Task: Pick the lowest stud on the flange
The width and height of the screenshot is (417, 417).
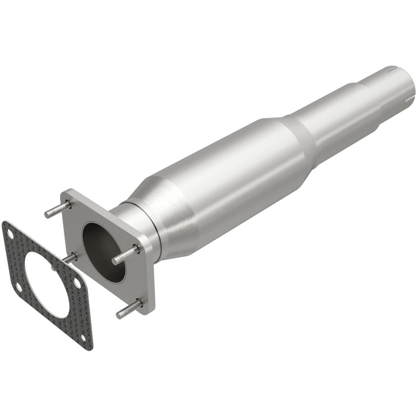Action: pyautogui.click(x=130, y=309)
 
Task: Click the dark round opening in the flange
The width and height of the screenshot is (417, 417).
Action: pyautogui.click(x=104, y=251)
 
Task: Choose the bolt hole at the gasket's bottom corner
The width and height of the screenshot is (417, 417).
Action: pyautogui.click(x=83, y=340)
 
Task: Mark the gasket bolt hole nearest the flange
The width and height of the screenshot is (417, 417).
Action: pyautogui.click(x=76, y=284)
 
